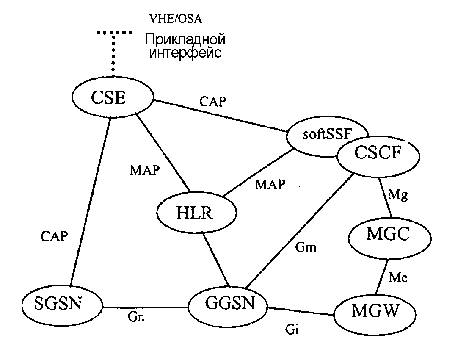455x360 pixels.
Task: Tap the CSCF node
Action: (378, 153)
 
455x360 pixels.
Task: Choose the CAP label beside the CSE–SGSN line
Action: (54, 236)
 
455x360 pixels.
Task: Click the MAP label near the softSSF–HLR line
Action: (270, 185)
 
